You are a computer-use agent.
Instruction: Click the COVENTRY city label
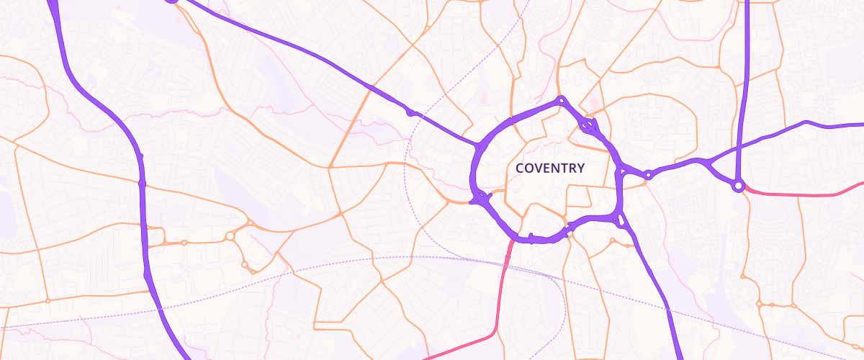tap(550, 168)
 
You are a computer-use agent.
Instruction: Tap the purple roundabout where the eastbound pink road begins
tap(738, 186)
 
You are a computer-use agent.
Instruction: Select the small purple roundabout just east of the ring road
tap(648, 174)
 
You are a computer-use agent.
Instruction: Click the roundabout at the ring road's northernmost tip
tap(561, 101)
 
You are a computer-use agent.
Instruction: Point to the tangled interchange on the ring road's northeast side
tap(589, 128)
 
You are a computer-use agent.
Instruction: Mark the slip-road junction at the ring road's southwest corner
tap(479, 198)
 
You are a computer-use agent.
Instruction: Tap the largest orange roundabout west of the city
tap(230, 235)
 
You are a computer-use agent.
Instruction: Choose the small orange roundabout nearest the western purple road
tap(184, 243)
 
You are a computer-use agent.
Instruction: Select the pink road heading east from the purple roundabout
tap(799, 194)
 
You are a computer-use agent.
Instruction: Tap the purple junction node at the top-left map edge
tap(171, 1)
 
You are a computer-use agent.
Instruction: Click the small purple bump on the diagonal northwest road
tap(410, 112)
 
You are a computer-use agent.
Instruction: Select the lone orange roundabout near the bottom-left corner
tap(48, 300)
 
